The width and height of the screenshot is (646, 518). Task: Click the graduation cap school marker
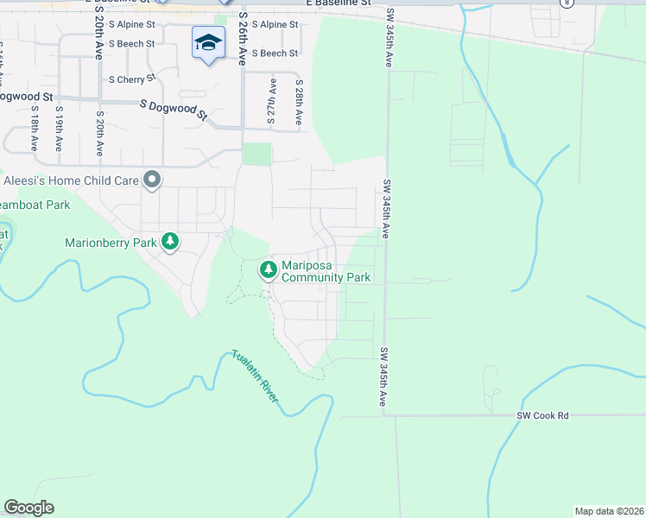pos(208,44)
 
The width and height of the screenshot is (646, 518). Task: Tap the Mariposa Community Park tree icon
pos(269,270)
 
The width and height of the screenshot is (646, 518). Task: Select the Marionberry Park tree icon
pos(171,242)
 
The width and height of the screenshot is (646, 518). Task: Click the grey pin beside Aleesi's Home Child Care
pos(153,180)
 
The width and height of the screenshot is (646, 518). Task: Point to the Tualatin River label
pos(255,376)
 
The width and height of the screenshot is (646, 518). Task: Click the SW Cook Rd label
pos(542,415)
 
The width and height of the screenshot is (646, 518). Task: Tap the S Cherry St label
pos(131,79)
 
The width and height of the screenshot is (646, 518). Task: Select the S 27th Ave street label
pos(272,104)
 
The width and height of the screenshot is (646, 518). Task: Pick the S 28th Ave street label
pos(299,104)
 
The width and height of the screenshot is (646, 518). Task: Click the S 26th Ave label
pos(244,40)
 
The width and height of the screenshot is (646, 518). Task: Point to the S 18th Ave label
pos(34,129)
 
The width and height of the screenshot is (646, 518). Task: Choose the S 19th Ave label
pos(60,129)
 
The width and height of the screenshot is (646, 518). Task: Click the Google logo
pos(28,508)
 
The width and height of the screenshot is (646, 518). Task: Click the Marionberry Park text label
pos(111,243)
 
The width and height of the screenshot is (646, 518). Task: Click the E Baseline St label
pos(338,3)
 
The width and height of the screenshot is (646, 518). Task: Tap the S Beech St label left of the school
pos(131,43)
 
